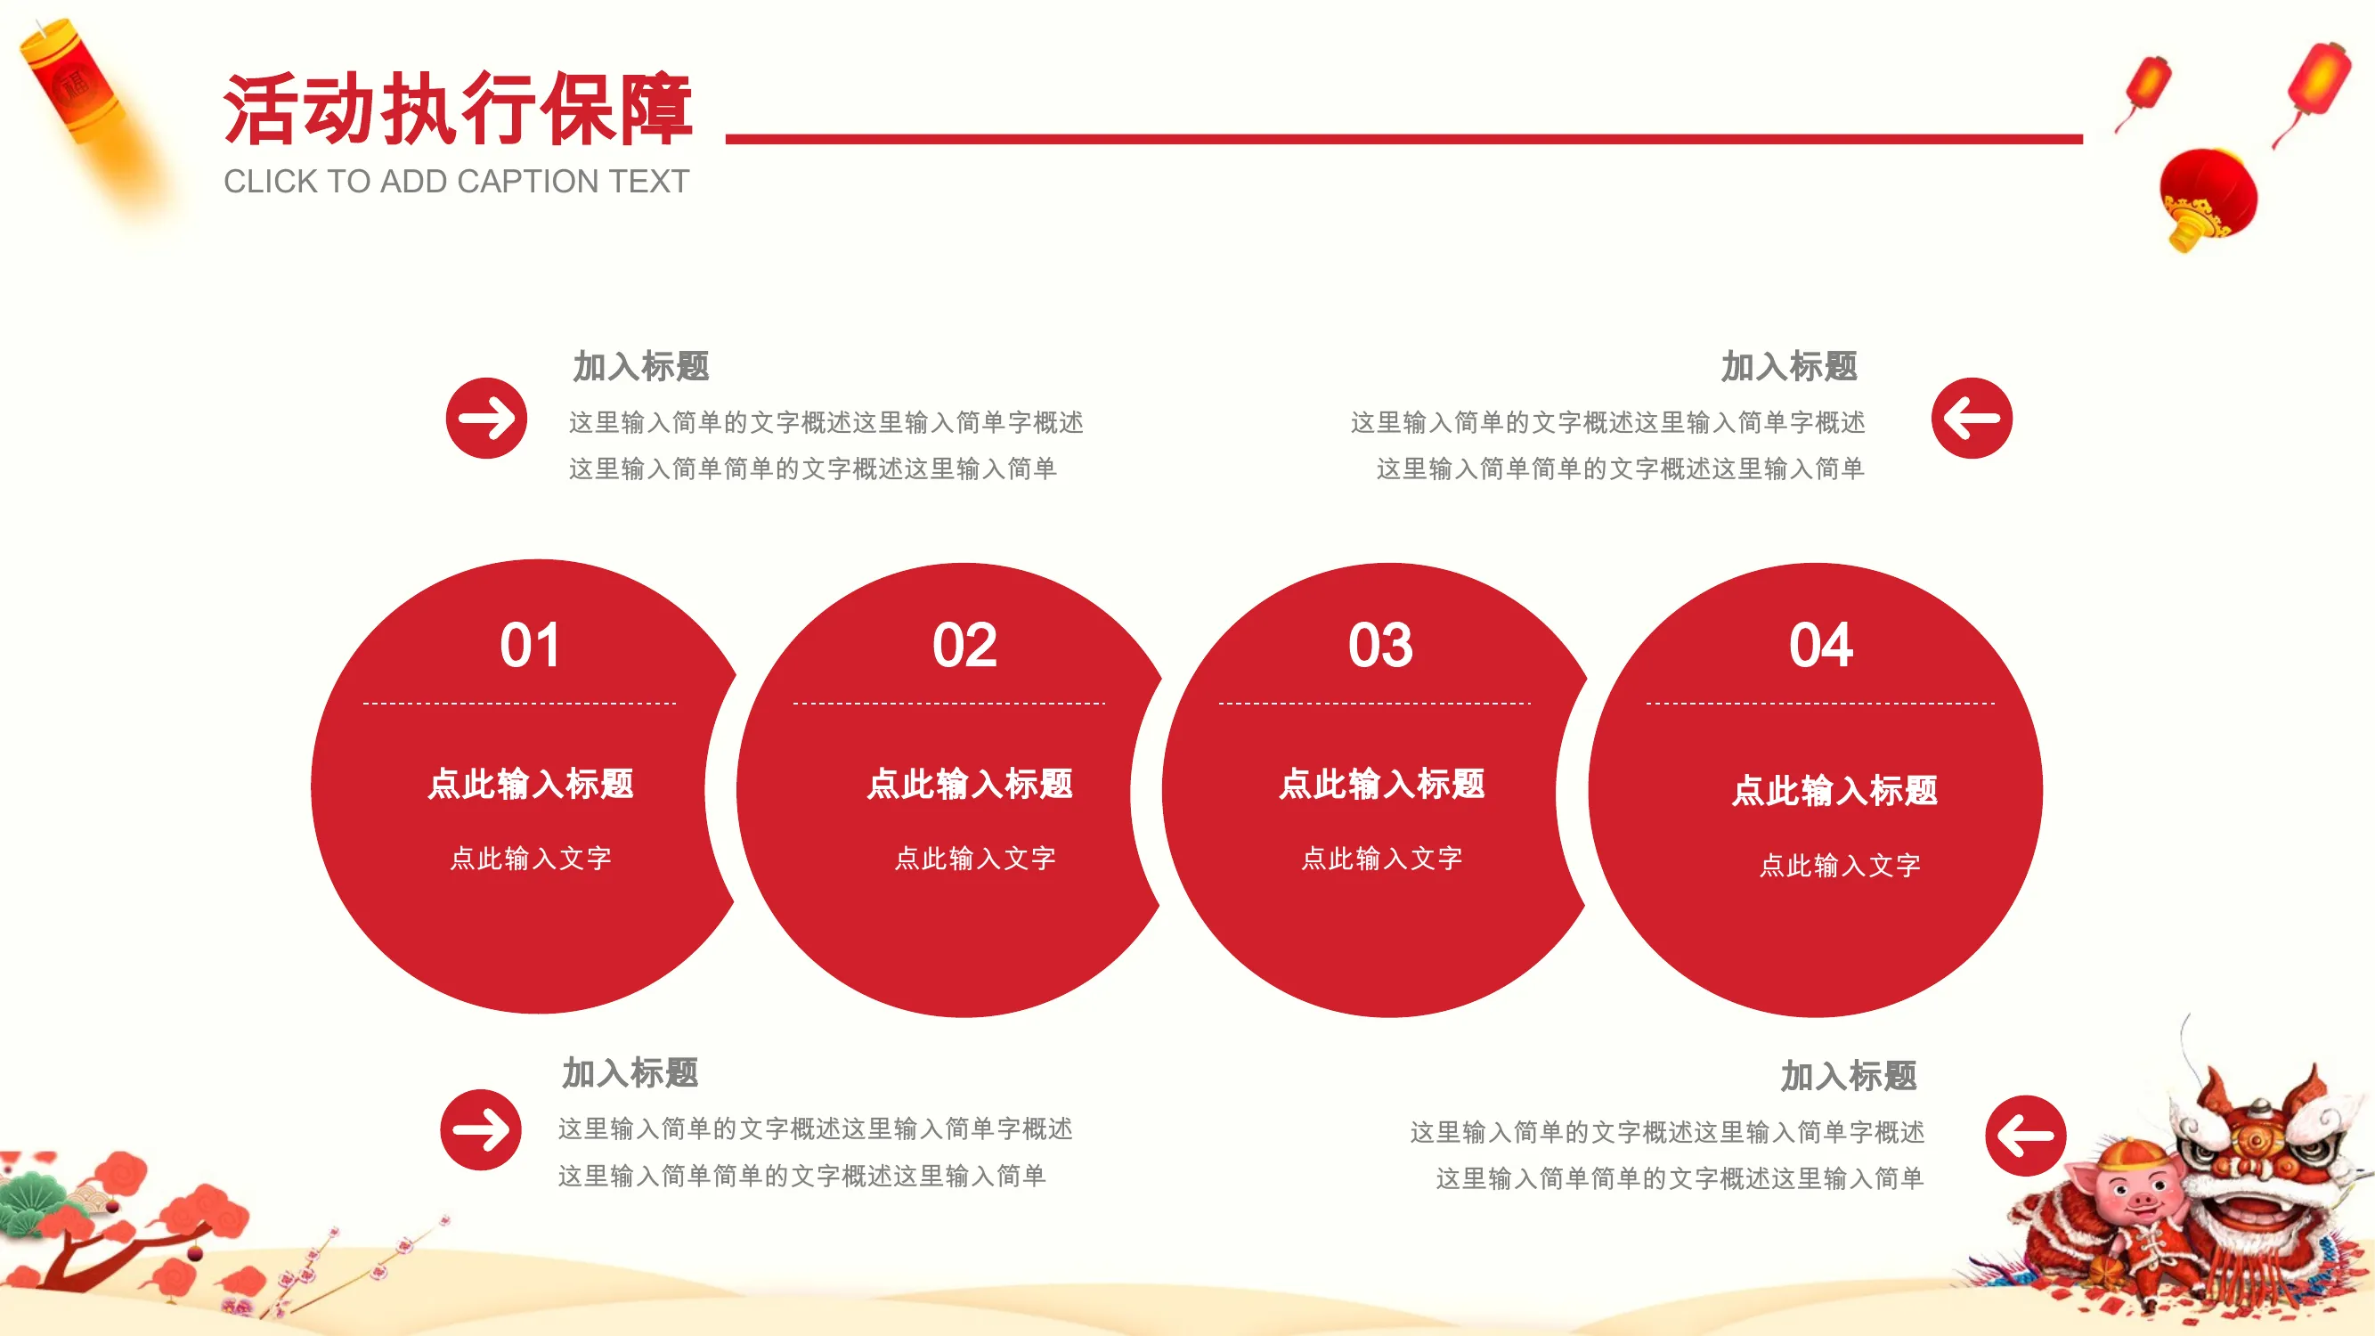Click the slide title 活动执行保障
[x=458, y=109]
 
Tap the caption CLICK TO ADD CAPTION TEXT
[x=456, y=182]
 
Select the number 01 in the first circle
[x=530, y=645]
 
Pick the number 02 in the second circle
[x=964, y=645]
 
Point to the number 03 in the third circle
[x=1380, y=645]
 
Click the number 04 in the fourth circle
[x=1821, y=645]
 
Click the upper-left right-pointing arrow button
[x=487, y=418]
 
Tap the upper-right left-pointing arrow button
[x=1972, y=418]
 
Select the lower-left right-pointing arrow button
[x=480, y=1129]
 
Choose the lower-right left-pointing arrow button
[x=2026, y=1135]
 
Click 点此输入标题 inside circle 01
[x=531, y=784]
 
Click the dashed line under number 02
[x=948, y=704]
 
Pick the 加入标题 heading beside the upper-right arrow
[x=1790, y=366]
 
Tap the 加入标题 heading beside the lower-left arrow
[x=630, y=1073]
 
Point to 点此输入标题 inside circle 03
[x=1382, y=784]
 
